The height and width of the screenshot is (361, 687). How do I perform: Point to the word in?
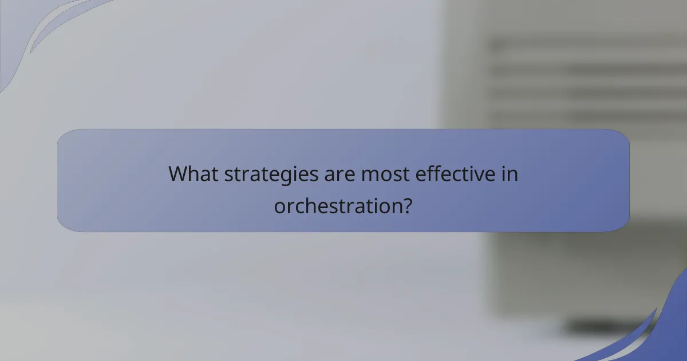tap(510, 174)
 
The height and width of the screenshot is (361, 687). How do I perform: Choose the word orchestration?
tap(334, 205)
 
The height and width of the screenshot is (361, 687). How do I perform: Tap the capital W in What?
tap(179, 174)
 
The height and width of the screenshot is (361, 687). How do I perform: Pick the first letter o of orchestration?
tap(279, 206)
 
